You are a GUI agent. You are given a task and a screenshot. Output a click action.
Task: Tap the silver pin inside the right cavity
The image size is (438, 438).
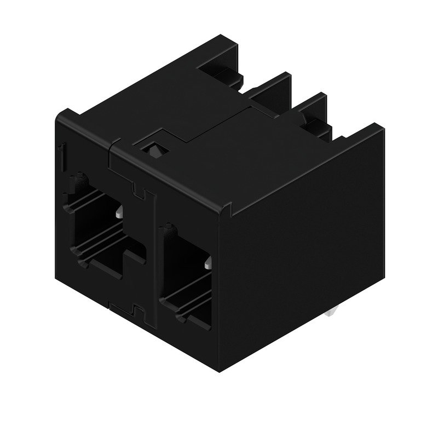point(208,264)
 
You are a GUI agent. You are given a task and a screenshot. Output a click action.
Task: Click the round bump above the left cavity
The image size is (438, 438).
point(82,178)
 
